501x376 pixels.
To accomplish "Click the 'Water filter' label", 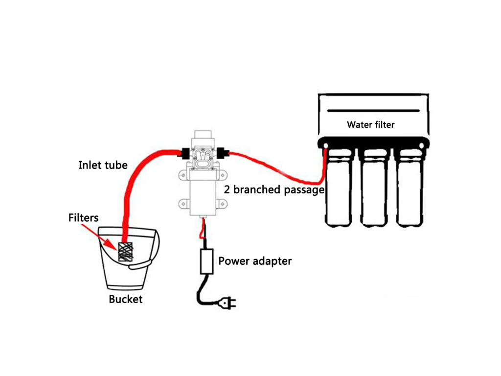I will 370,124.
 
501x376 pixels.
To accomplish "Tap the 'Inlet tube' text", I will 103,165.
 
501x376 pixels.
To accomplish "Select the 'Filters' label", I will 83,217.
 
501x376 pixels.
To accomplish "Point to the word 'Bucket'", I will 126,299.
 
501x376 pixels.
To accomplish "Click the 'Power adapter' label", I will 254,261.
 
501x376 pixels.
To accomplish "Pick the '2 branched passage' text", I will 274,189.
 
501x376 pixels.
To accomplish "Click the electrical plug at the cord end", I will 228,304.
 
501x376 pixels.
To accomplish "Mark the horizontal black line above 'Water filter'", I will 374,110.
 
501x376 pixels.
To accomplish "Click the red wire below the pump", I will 202,229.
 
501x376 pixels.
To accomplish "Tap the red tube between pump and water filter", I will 279,164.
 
